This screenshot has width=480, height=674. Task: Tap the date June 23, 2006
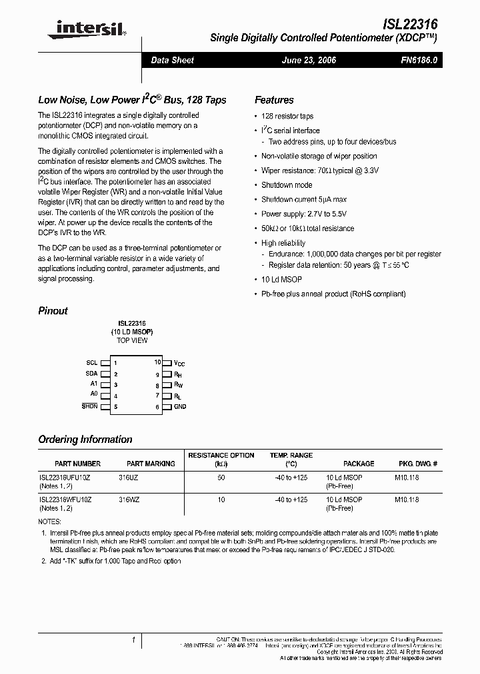pyautogui.click(x=309, y=60)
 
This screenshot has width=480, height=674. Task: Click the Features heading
pyautogui.click(x=274, y=100)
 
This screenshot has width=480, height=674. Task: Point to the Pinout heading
pyautogui.click(x=53, y=310)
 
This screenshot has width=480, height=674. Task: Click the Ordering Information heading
pyautogui.click(x=85, y=440)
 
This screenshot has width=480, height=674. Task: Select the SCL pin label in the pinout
pyautogui.click(x=91, y=363)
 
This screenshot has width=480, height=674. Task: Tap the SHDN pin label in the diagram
pyautogui.click(x=89, y=406)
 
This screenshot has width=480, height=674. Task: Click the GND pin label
pyautogui.click(x=180, y=406)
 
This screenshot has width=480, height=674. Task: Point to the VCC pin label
pyautogui.click(x=179, y=363)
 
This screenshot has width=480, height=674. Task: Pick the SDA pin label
pyautogui.click(x=91, y=374)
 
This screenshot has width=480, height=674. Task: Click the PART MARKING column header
pyautogui.click(x=151, y=464)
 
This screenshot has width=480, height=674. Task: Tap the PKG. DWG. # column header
pyautogui.click(x=418, y=464)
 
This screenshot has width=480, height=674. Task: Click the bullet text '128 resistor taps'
pyautogui.click(x=287, y=116)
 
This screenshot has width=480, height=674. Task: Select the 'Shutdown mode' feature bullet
pyautogui.click(x=287, y=185)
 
